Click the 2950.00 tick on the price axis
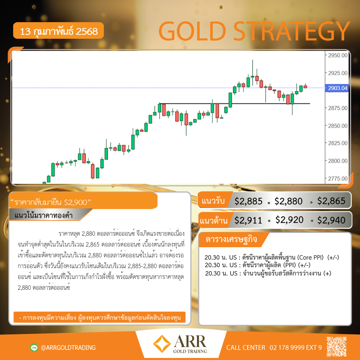[x=337, y=55]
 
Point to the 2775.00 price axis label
[x=337, y=178]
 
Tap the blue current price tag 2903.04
[x=337, y=88]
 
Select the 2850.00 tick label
[x=337, y=126]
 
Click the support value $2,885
[x=248, y=201]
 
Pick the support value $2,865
[x=331, y=201]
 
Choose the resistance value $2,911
[x=248, y=220]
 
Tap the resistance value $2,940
[x=331, y=220]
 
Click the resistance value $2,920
[x=289, y=220]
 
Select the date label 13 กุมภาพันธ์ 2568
[x=59, y=31]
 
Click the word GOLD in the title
[x=192, y=31]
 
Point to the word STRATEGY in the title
[x=291, y=31]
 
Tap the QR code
[x=336, y=347]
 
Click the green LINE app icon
[x=34, y=348]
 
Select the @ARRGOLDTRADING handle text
[x=68, y=348]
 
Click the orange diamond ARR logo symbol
[x=162, y=344]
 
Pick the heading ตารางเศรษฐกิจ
[x=231, y=240]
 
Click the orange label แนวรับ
[x=213, y=201]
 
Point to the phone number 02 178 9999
[x=287, y=348]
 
